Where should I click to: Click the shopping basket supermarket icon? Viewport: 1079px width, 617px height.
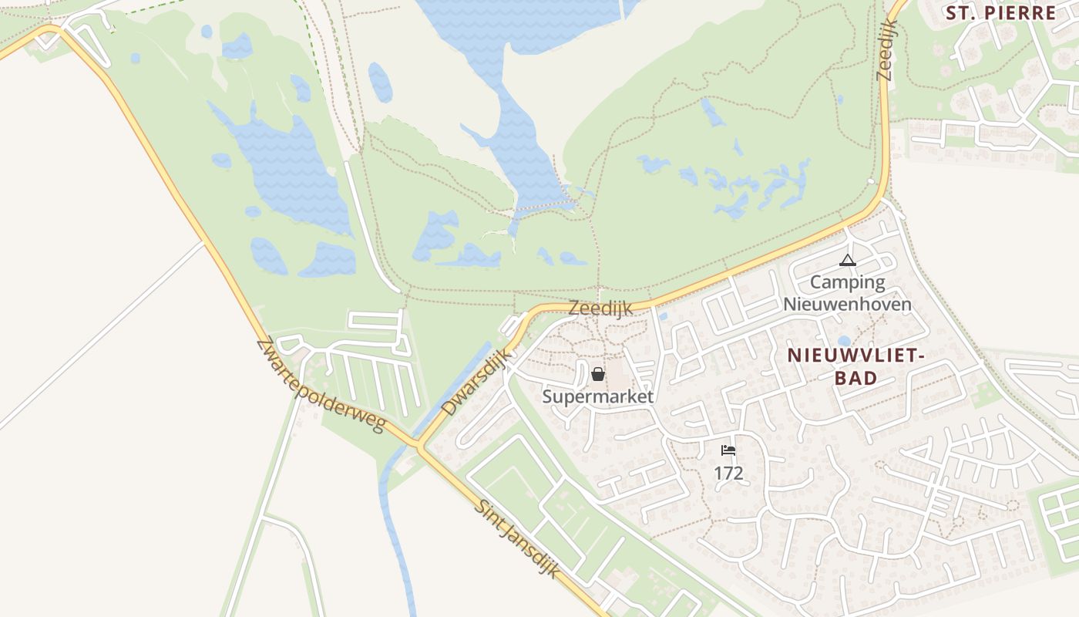pyautogui.click(x=598, y=374)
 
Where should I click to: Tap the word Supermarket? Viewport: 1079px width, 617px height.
pyautogui.click(x=598, y=396)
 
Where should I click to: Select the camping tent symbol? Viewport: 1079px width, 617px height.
pyautogui.click(x=848, y=261)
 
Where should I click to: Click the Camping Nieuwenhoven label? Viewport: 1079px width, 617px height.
pyautogui.click(x=848, y=293)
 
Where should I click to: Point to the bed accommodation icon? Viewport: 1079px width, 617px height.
pyautogui.click(x=728, y=450)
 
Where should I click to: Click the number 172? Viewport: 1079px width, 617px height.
pyautogui.click(x=728, y=473)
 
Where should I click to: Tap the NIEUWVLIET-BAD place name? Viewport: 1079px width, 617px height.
pyautogui.click(x=855, y=366)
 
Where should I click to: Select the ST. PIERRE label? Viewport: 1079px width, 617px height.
pyautogui.click(x=1000, y=13)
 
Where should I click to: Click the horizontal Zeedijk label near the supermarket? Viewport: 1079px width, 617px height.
pyautogui.click(x=600, y=308)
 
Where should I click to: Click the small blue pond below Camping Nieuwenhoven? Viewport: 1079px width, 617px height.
pyautogui.click(x=844, y=341)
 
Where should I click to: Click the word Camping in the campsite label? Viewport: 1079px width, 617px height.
pyautogui.click(x=847, y=282)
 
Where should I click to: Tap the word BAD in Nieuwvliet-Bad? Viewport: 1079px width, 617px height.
pyautogui.click(x=855, y=378)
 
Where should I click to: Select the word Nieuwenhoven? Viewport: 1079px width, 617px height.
pyautogui.click(x=848, y=304)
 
